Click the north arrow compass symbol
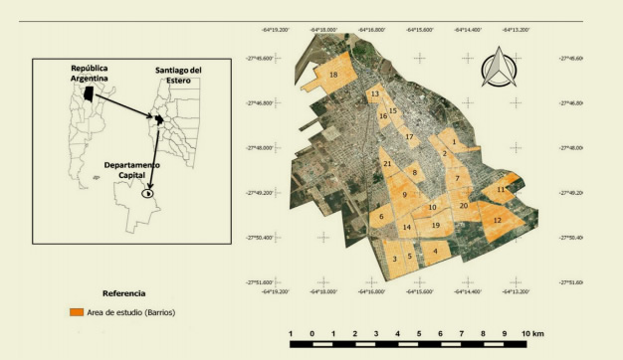point(498,69)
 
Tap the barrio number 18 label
point(333,76)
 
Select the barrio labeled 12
point(497,219)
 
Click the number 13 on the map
point(375,94)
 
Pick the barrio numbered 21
point(387,163)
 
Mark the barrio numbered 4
point(434,251)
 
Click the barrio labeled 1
point(454,142)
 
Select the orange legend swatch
point(76,312)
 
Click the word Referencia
point(123,293)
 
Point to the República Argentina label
point(88,73)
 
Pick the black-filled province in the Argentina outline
point(91,92)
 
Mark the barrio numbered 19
point(435,226)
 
